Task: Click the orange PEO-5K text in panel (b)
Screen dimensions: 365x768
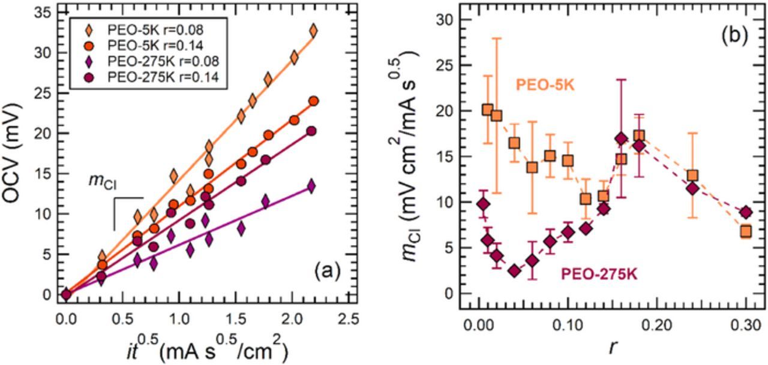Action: click(545, 86)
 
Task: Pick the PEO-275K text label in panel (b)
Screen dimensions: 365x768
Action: click(599, 274)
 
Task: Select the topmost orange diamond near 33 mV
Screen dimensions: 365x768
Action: click(313, 30)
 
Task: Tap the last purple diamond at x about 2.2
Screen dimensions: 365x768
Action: click(311, 186)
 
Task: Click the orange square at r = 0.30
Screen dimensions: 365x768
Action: click(746, 231)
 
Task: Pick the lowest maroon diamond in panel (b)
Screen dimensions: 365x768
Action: click(514, 271)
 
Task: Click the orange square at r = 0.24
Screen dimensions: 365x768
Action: click(692, 176)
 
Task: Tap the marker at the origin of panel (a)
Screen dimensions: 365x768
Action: click(67, 294)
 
